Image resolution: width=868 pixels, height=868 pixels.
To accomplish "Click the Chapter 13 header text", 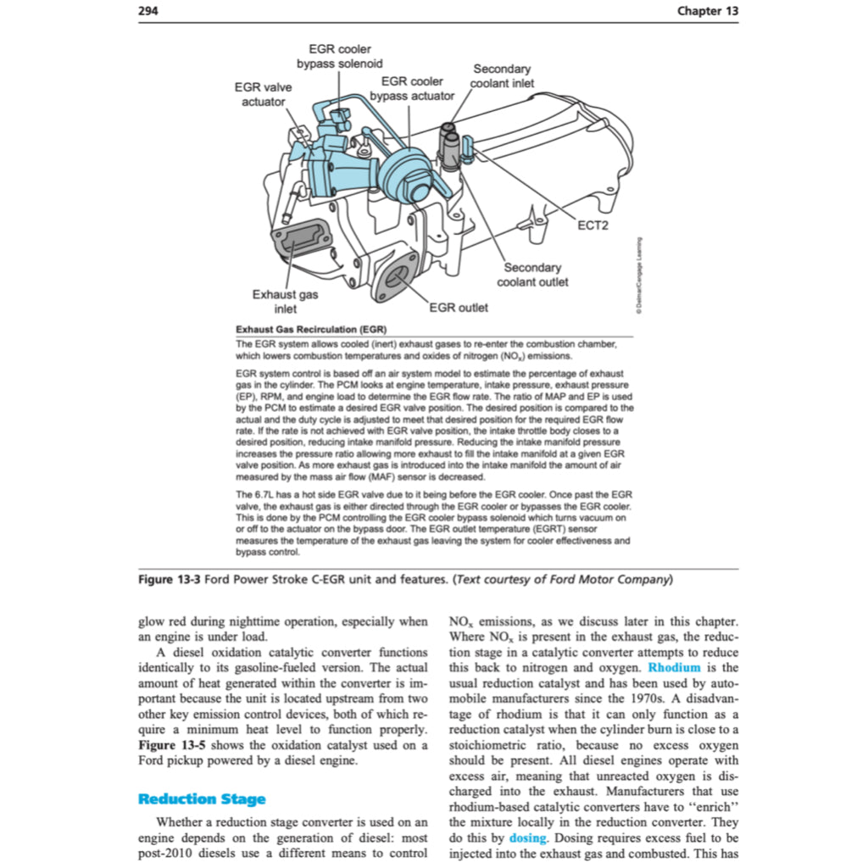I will [708, 10].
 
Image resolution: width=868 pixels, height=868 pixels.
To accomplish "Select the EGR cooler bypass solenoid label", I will [339, 57].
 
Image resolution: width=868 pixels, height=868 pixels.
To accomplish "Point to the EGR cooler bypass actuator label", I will [412, 88].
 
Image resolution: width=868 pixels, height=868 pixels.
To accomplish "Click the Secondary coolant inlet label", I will [502, 75].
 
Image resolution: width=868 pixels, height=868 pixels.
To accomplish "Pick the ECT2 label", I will [593, 225].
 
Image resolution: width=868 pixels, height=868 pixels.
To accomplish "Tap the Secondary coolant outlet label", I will [532, 275].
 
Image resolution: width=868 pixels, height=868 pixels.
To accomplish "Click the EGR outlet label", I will [459, 307].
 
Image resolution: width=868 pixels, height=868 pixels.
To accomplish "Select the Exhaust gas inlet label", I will [285, 302].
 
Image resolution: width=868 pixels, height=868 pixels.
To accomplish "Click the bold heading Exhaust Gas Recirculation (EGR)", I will [310, 329].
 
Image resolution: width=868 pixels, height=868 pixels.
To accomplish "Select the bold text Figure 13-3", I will [170, 580].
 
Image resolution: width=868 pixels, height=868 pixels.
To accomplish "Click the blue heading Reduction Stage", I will [202, 798].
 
